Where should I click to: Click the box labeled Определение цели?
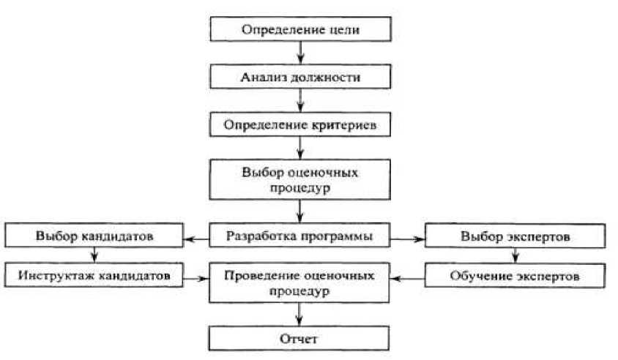click(x=301, y=31)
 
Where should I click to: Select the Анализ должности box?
click(x=301, y=77)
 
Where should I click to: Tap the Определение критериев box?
click(x=301, y=124)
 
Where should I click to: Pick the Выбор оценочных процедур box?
click(x=301, y=179)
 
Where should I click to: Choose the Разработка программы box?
click(x=301, y=236)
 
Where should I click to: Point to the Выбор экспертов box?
click(x=515, y=237)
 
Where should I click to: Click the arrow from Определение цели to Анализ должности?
click(x=301, y=53)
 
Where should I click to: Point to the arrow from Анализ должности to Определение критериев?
click(x=301, y=100)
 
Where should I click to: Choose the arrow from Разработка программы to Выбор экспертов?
click(x=407, y=238)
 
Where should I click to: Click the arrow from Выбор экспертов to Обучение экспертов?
click(x=515, y=257)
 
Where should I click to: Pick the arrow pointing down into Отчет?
click(x=301, y=315)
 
